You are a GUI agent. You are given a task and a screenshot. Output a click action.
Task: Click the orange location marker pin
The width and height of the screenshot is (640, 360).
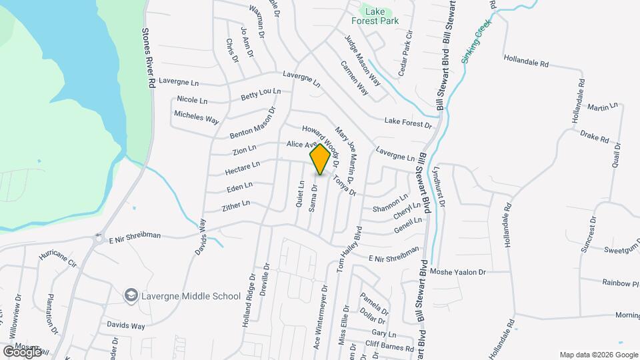pos(320,159)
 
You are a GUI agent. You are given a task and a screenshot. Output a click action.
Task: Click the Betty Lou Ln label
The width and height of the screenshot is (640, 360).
pos(261,95)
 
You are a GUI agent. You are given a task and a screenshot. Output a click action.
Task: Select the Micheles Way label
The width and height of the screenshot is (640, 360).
pos(197,117)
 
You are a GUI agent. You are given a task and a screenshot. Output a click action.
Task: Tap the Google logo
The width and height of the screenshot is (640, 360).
pos(22,351)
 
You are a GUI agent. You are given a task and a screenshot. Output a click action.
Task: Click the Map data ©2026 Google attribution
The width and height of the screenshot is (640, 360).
pos(599,355)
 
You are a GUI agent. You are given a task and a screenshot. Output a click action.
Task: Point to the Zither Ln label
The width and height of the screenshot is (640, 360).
pos(236,204)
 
